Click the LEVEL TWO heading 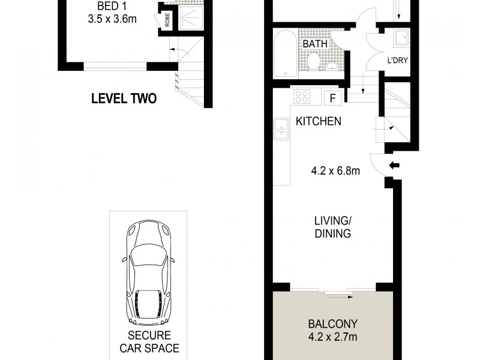click(x=124, y=98)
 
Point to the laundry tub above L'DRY click(x=400, y=40)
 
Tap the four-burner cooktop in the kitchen click(x=301, y=96)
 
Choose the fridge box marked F click(x=332, y=97)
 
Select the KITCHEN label click(x=319, y=121)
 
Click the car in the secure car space click(x=147, y=270)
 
